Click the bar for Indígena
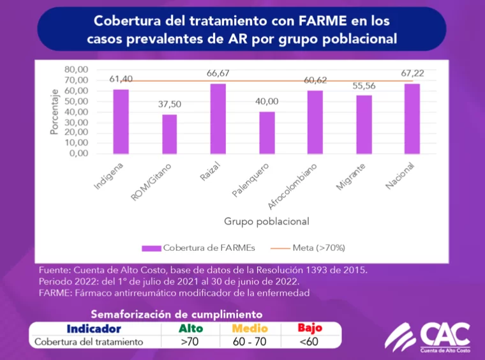(121, 121)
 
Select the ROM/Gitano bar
(169, 134)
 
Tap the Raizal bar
(218, 119)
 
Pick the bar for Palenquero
(267, 133)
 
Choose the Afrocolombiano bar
(315, 122)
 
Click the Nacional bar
(412, 119)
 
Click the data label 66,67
(218, 73)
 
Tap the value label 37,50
(169, 105)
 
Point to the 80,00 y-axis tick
(76, 69)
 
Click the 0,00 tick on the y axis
(78, 153)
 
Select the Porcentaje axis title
(55, 112)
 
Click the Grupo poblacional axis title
(266, 221)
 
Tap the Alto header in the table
(191, 329)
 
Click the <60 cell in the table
(309, 341)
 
